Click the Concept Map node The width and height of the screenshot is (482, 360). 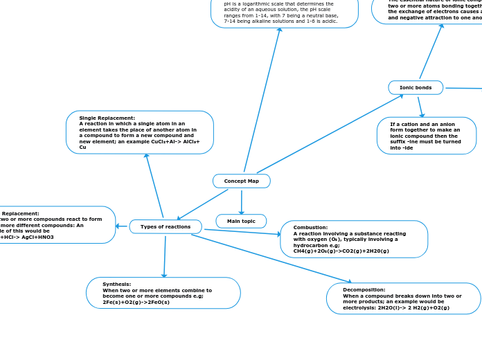click(x=241, y=181)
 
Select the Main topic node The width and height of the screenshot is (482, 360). click(x=241, y=221)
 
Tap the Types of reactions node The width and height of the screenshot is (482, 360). click(x=166, y=226)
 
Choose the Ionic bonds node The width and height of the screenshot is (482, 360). click(x=416, y=88)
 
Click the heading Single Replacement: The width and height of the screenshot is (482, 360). click(x=107, y=118)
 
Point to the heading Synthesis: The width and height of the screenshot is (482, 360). click(x=116, y=285)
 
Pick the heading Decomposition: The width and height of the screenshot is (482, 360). click(x=364, y=289)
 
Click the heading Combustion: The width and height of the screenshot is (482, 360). click(x=311, y=227)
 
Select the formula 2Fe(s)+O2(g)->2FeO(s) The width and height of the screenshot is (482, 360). click(x=136, y=303)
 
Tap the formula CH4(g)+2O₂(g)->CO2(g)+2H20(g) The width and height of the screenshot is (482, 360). click(x=341, y=251)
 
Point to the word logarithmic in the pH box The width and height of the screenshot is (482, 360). click(x=251, y=3)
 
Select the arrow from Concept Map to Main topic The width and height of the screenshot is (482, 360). click(x=241, y=201)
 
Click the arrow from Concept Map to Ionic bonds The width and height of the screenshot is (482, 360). click(x=330, y=134)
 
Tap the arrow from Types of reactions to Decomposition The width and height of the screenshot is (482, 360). click(x=270, y=258)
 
